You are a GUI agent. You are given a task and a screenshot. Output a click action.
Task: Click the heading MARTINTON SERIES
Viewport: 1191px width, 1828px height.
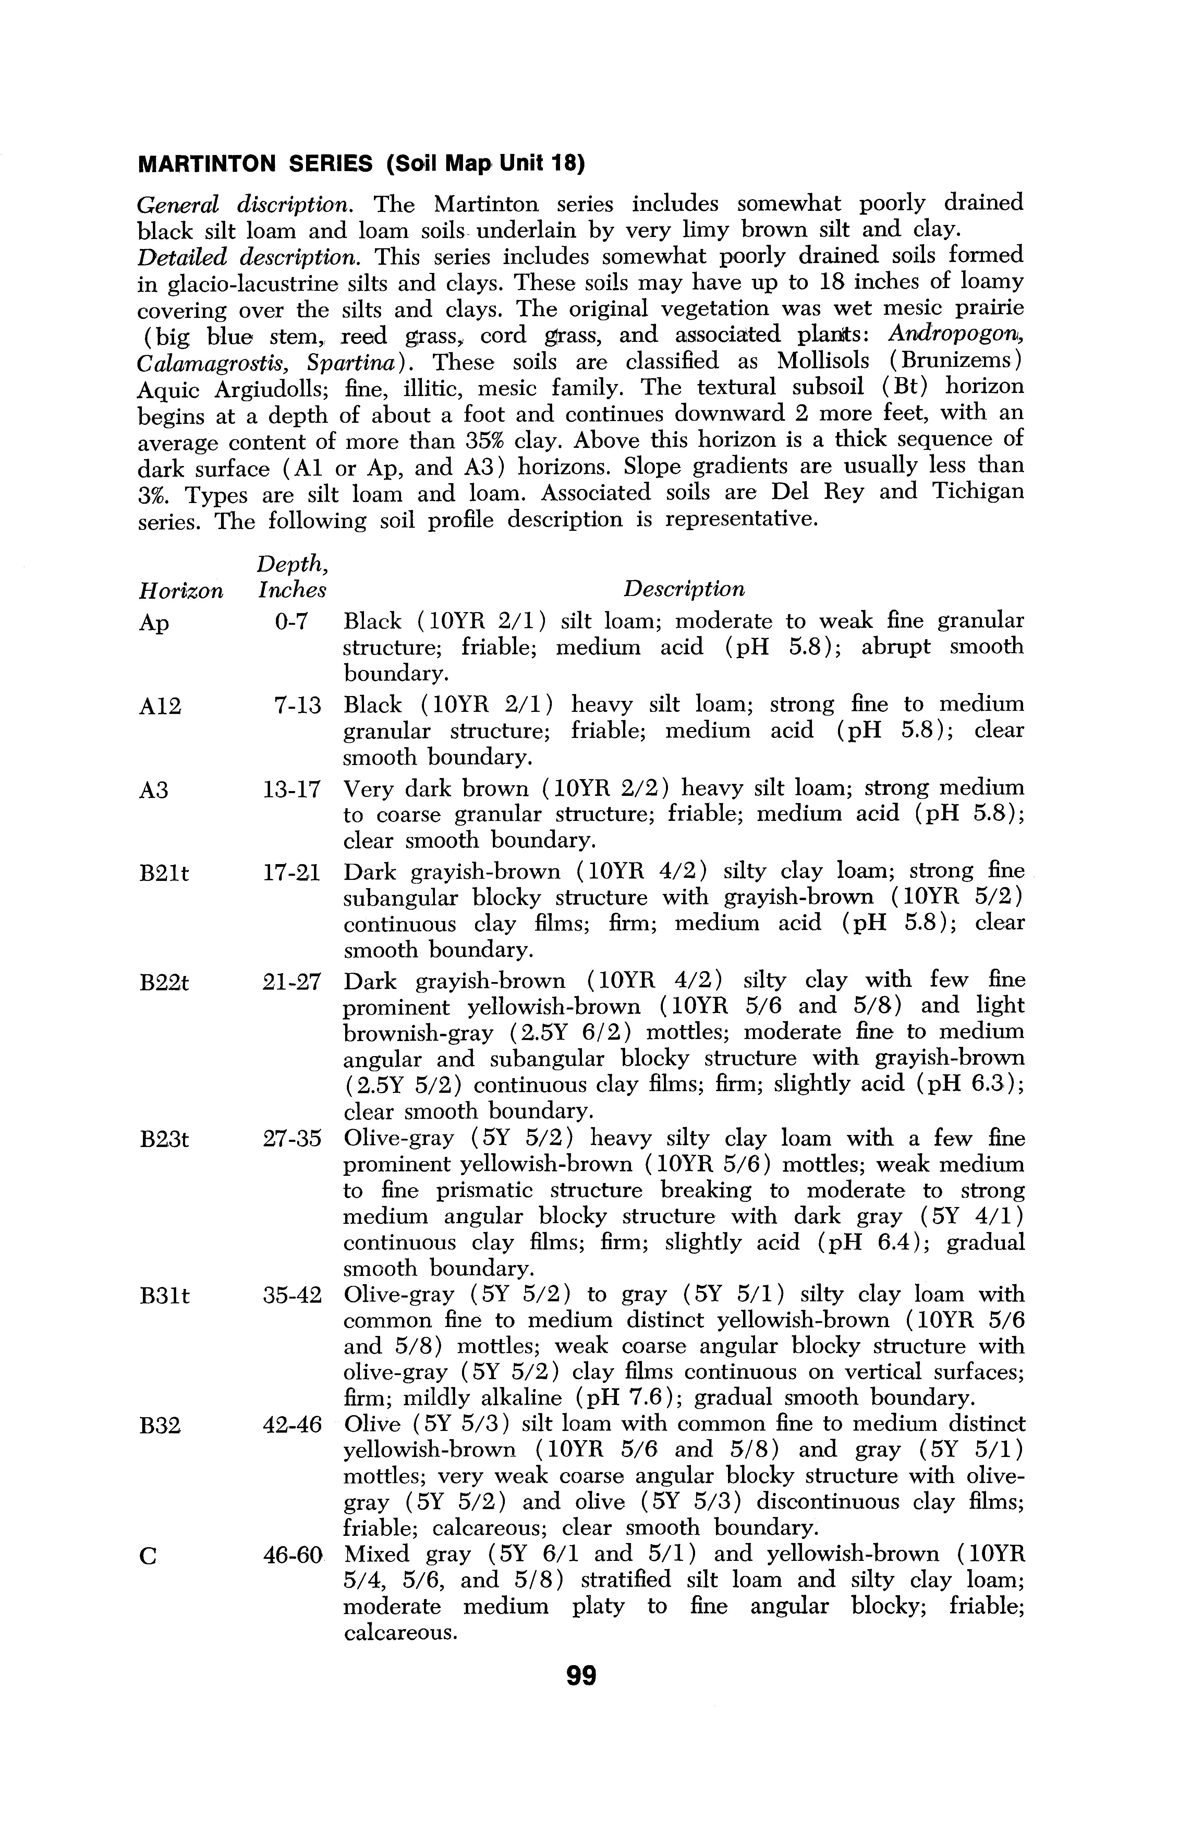point(253,164)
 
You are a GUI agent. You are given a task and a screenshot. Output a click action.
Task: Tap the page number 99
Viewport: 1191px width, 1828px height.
point(581,1674)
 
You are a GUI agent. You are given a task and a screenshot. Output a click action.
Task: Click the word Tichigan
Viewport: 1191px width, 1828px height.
point(977,492)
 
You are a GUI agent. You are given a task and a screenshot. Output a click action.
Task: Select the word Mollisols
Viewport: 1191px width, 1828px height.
point(825,361)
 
